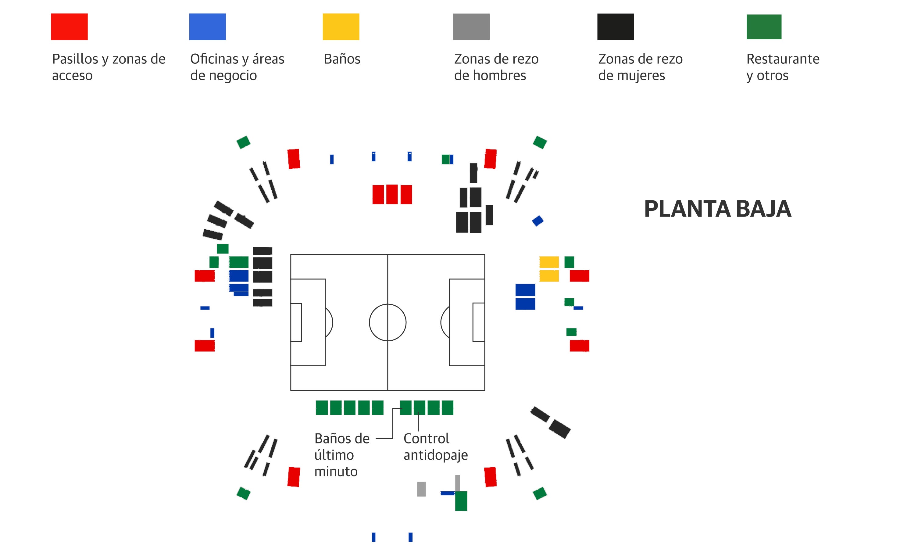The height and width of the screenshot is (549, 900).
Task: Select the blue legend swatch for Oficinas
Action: click(x=207, y=27)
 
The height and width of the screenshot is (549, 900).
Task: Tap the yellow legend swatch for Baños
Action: click(x=341, y=27)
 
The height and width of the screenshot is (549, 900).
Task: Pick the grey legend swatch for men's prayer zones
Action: click(x=471, y=27)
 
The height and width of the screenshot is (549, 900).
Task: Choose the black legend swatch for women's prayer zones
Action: click(x=616, y=27)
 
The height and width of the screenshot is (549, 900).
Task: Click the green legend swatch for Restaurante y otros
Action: click(x=764, y=27)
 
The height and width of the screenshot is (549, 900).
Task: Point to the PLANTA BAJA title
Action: click(x=717, y=209)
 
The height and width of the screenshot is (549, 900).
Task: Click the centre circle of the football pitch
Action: click(x=387, y=322)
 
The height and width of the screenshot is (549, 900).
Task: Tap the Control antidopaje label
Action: click(x=435, y=446)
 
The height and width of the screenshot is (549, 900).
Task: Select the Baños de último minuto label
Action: click(x=342, y=455)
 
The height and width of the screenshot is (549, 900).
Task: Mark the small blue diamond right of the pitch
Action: click(x=538, y=221)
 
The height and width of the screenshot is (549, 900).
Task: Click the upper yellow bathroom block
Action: click(x=549, y=262)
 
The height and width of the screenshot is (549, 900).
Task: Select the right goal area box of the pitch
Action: click(x=478, y=322)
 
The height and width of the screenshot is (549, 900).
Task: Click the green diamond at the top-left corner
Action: click(x=243, y=142)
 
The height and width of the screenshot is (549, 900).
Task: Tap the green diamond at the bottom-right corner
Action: click(x=540, y=493)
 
